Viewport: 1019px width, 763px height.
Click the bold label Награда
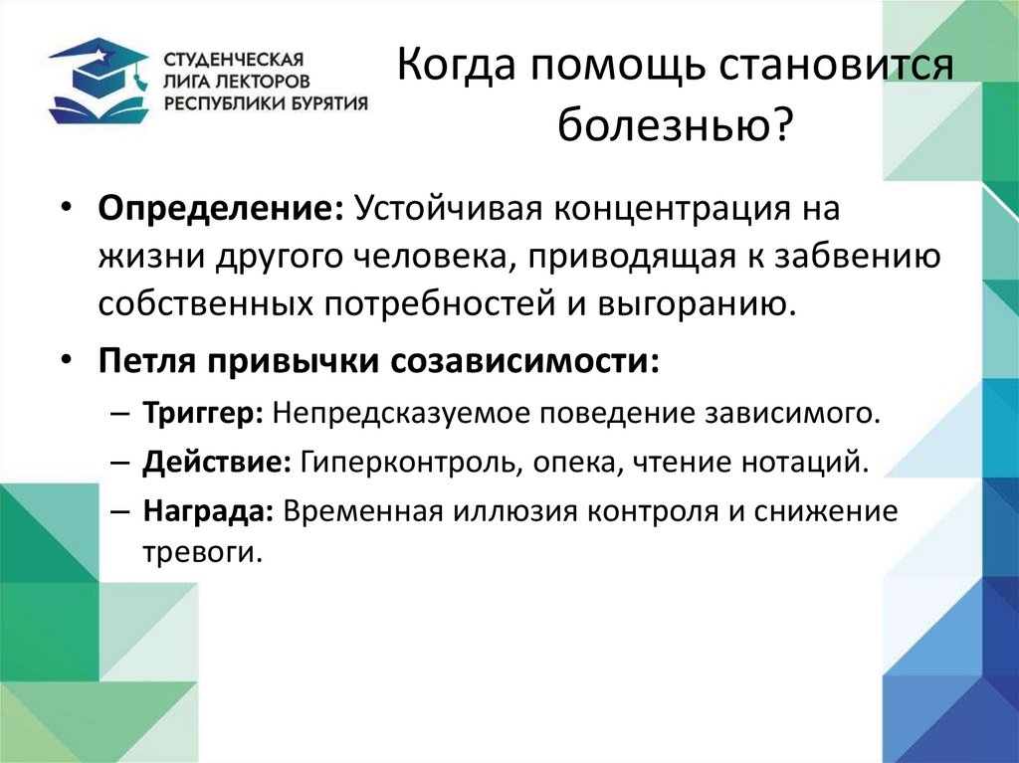click(x=208, y=512)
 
